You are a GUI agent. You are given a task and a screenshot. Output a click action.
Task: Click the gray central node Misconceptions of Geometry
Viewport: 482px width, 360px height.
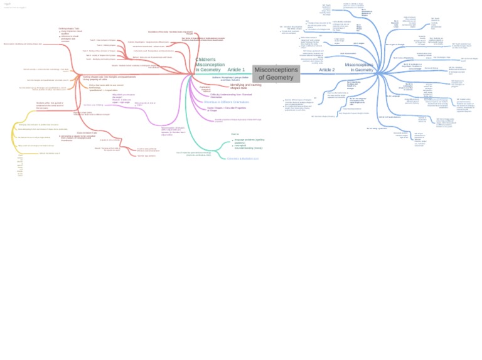point(276,73)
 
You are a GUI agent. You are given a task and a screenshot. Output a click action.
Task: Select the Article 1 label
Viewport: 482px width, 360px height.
point(236,70)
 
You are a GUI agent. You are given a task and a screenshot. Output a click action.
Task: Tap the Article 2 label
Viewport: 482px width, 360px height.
point(326,70)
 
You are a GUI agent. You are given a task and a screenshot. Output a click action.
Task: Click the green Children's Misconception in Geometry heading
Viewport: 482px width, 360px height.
point(209,65)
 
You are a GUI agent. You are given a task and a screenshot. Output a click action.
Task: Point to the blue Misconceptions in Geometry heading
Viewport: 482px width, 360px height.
point(358,67)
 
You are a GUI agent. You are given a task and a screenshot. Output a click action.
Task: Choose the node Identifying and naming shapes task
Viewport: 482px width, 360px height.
point(245,86)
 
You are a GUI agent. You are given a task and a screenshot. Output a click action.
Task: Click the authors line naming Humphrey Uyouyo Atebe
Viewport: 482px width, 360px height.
point(230,78)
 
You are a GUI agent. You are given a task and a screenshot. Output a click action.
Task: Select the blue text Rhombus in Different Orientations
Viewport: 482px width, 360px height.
point(226,102)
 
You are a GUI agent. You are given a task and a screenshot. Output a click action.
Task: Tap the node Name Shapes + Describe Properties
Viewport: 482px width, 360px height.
point(227,109)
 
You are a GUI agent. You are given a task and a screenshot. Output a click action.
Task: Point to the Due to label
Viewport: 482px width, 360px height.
point(235,134)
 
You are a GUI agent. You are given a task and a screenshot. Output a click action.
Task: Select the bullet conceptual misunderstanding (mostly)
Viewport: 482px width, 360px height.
point(249,147)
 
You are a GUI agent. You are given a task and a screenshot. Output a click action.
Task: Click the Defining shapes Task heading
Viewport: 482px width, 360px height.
point(69,28)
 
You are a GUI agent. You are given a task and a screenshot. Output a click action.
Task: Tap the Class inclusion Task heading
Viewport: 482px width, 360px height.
point(87,132)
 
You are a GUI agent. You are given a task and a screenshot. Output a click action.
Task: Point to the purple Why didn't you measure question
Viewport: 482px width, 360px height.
point(123,98)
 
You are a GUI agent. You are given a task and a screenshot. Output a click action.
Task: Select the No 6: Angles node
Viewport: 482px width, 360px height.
point(358,43)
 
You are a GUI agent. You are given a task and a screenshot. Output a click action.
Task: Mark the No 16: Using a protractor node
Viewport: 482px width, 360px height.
point(377,128)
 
